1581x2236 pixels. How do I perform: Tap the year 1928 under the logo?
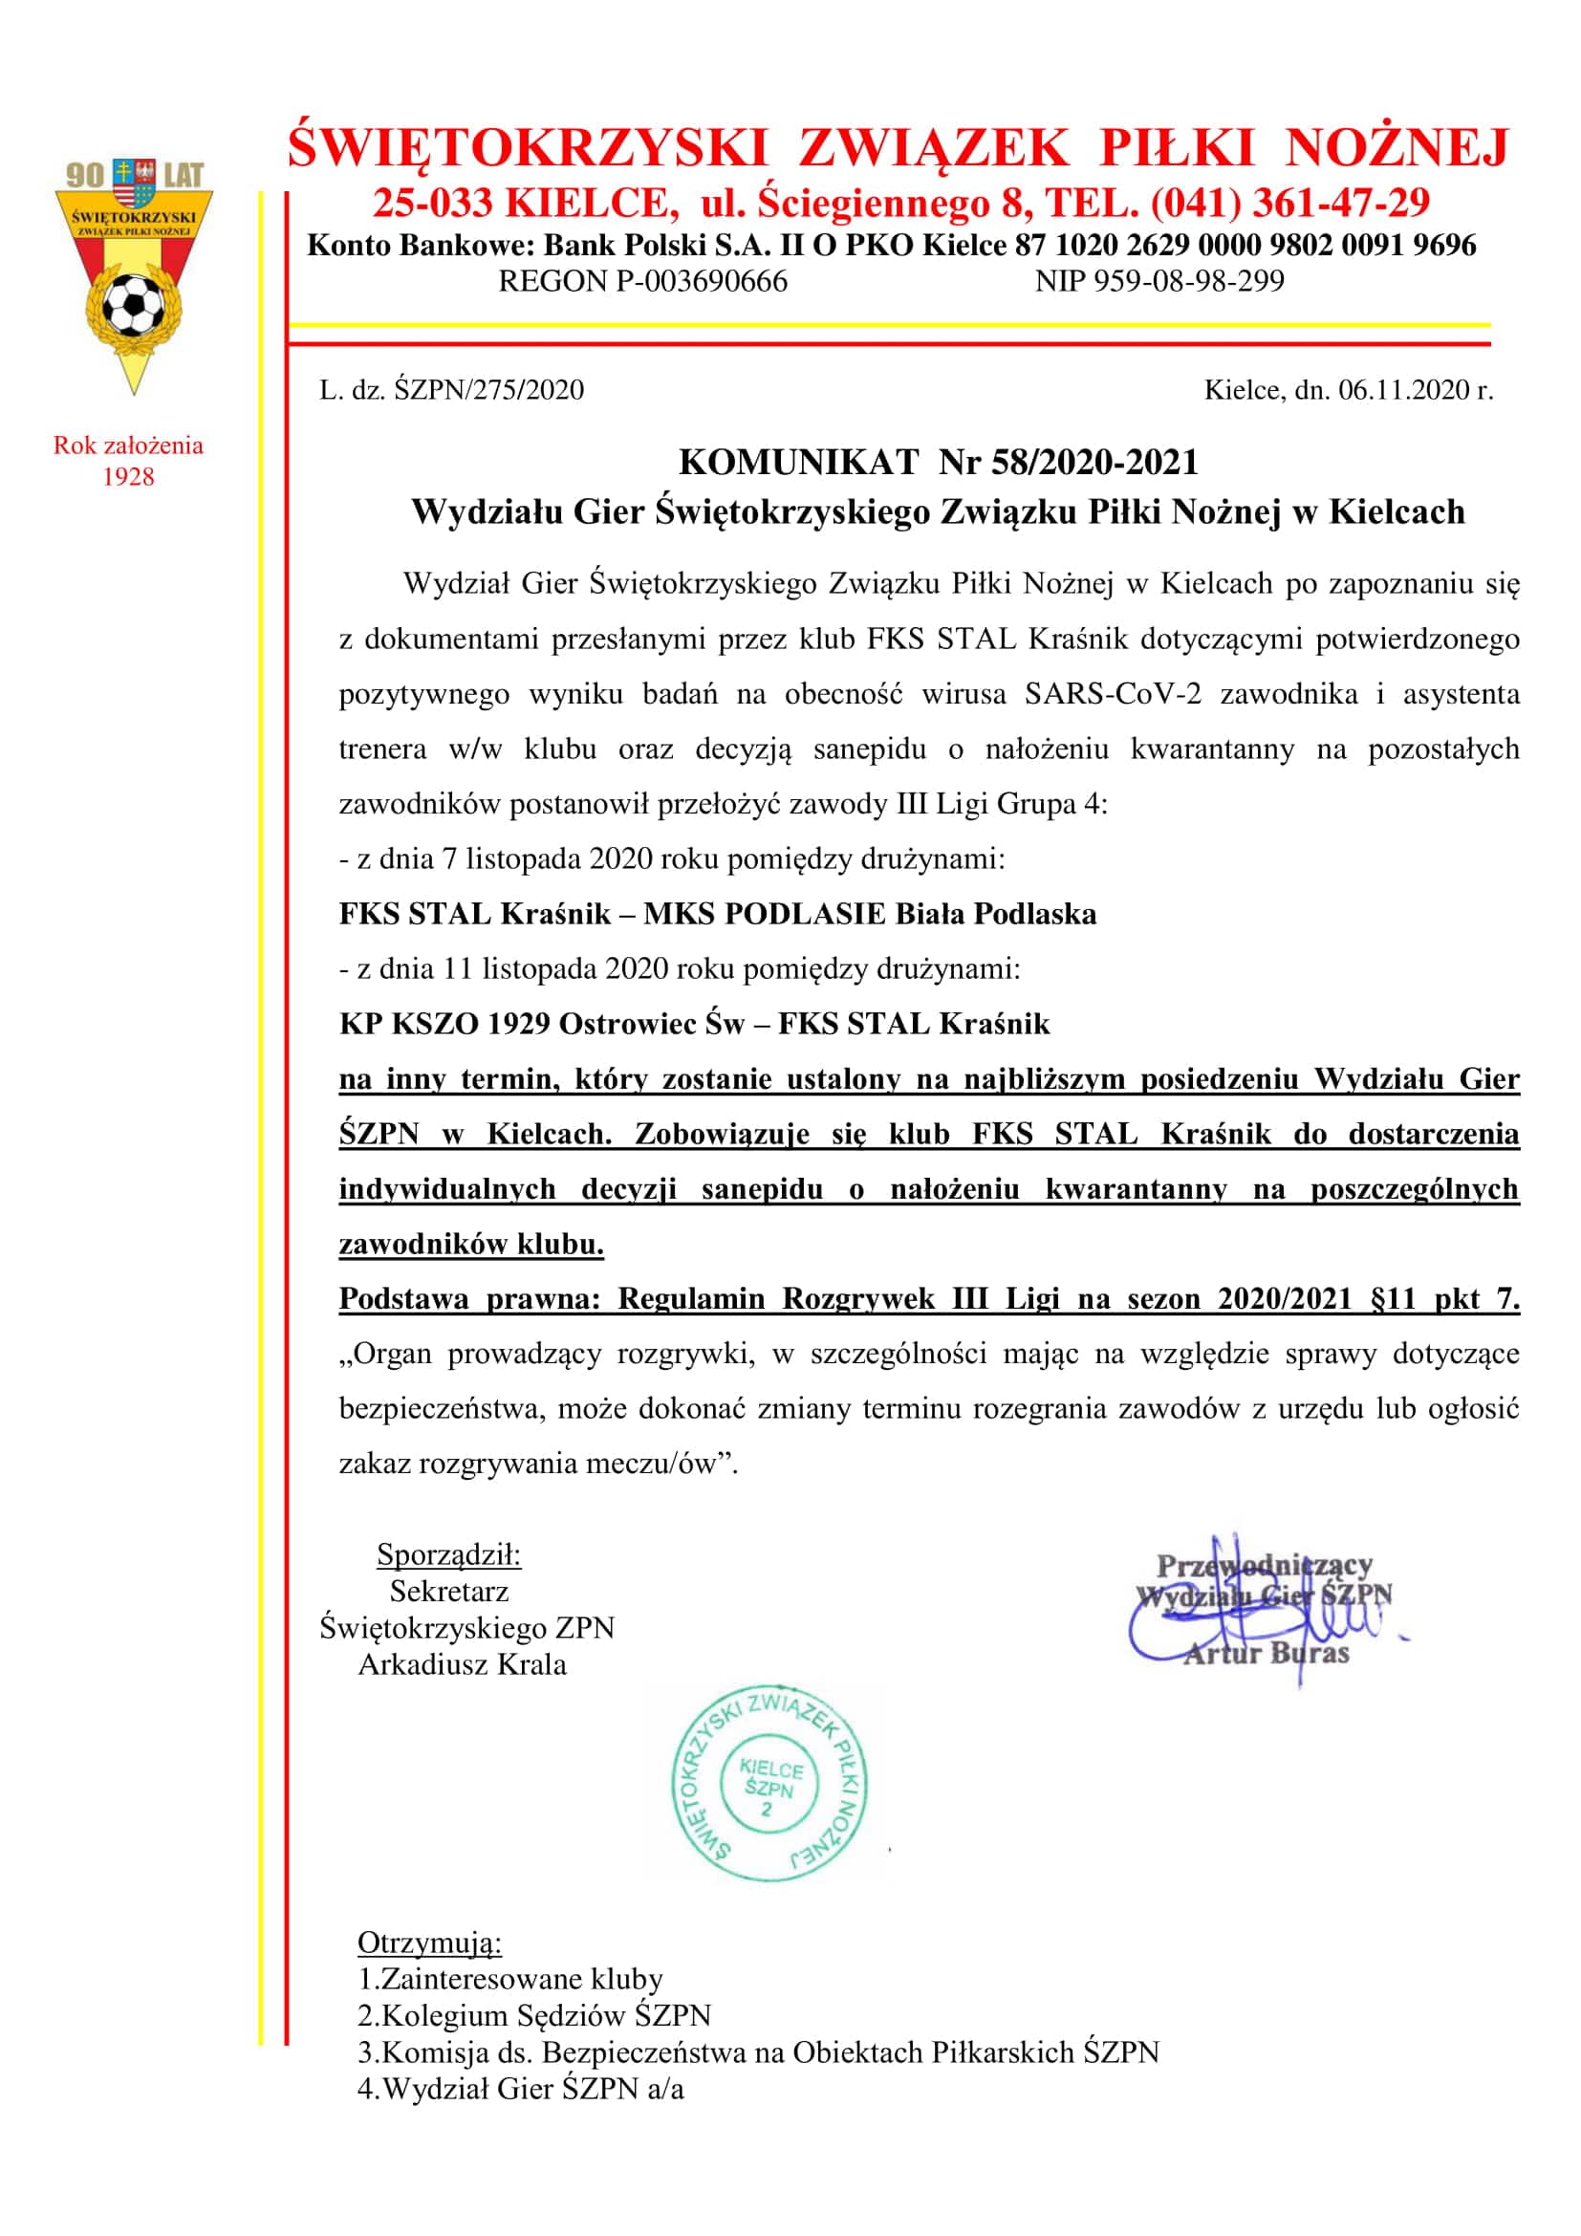coord(127,477)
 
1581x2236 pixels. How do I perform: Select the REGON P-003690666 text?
coord(642,281)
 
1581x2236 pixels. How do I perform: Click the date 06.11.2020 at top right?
coord(1405,391)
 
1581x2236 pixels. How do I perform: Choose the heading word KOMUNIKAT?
coord(798,462)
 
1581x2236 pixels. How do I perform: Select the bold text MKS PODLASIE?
coord(765,915)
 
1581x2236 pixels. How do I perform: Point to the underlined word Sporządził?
coord(449,1555)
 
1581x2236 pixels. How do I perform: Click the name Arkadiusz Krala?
coord(462,1664)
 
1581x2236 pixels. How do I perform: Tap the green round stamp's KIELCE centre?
coord(770,1769)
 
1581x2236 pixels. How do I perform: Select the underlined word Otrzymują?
coord(429,1943)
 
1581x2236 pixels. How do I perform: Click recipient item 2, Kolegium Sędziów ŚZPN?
coord(534,2015)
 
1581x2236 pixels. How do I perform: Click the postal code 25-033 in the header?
coord(433,203)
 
